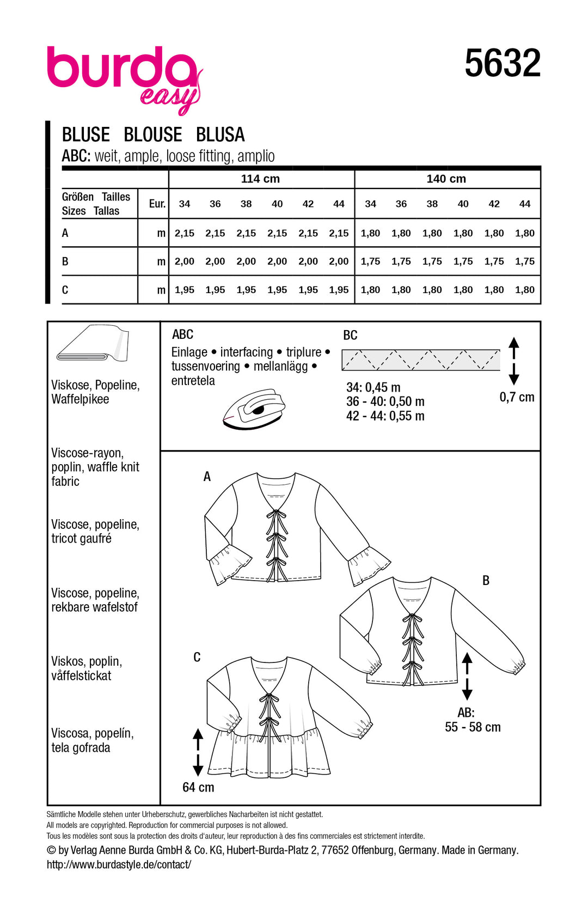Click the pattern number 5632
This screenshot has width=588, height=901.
502,64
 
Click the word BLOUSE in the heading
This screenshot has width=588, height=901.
153,135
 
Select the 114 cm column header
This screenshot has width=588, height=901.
260,179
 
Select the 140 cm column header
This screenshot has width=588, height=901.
446,179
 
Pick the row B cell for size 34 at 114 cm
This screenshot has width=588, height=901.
185,261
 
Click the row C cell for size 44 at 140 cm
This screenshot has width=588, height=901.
525,290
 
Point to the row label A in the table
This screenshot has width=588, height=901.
65,233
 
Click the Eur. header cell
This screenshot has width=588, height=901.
157,204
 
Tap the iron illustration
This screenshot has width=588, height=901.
254,409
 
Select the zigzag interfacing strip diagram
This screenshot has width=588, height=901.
420,360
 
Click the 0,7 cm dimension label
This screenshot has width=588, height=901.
517,397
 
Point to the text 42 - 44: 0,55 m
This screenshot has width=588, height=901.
385,416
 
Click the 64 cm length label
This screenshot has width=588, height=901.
198,787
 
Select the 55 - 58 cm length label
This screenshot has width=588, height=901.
473,727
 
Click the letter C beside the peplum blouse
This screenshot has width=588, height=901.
197,658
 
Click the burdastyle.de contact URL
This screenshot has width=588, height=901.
119,865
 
